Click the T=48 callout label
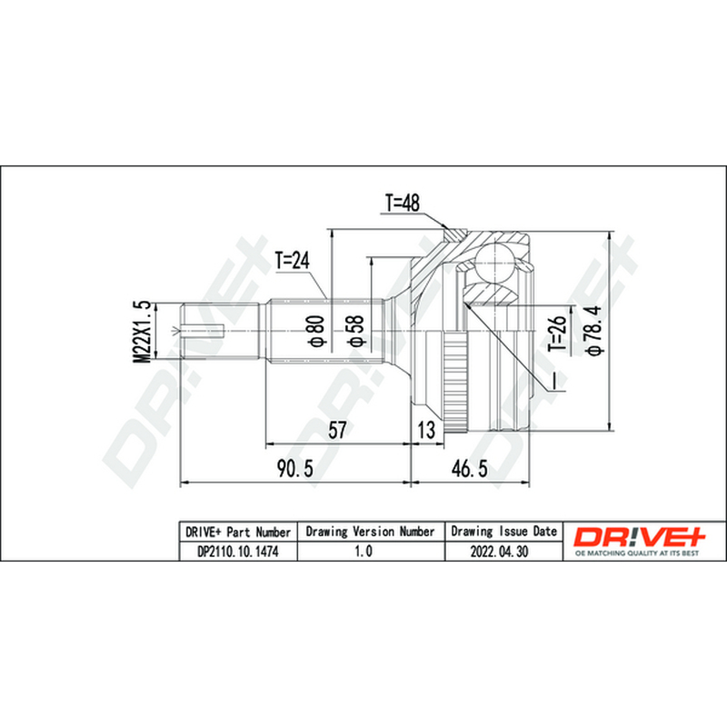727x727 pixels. click(x=402, y=203)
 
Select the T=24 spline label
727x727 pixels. click(x=292, y=261)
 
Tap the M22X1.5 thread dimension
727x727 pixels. click(x=143, y=331)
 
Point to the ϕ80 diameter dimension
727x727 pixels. click(x=316, y=331)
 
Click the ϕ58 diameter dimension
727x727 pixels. click(x=356, y=331)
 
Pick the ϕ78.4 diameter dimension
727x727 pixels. click(x=594, y=330)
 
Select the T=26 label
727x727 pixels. click(x=558, y=333)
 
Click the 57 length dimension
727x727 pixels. click(x=337, y=429)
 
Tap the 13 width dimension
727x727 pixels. click(x=426, y=430)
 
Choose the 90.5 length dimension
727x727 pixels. click(x=294, y=468)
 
